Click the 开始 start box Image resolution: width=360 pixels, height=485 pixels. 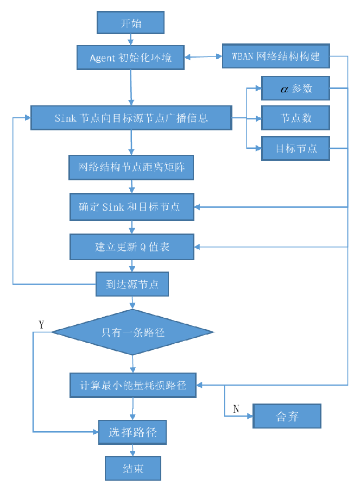pyautogui.click(x=130, y=24)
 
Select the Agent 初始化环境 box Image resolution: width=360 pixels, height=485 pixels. pyautogui.click(x=131, y=57)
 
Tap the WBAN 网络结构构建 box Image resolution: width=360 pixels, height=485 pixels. pyautogui.click(x=276, y=56)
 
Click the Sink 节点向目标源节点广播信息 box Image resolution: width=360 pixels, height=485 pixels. pyautogui.click(x=131, y=118)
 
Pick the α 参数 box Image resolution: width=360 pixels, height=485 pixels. pyautogui.click(x=295, y=89)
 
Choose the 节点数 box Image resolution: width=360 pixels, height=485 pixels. pyautogui.click(x=295, y=118)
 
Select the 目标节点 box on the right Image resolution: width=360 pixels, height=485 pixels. pyautogui.click(x=295, y=148)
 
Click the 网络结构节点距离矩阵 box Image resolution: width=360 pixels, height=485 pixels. pyautogui.click(x=131, y=167)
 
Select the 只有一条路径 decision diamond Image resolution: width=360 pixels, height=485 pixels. pyautogui.click(x=133, y=332)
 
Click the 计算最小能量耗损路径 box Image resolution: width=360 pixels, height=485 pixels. pyautogui.click(x=133, y=386)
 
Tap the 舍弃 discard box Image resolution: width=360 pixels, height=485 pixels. pyautogui.click(x=287, y=416)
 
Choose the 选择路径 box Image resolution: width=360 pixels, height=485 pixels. pyautogui.click(x=132, y=433)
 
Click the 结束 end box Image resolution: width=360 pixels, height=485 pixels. pyautogui.click(x=133, y=468)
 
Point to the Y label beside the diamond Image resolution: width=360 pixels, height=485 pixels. pyautogui.click(x=41, y=325)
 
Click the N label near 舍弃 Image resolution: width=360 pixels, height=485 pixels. pyautogui.click(x=236, y=408)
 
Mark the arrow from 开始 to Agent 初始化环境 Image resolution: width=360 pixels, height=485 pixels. pyautogui.click(x=130, y=39)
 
